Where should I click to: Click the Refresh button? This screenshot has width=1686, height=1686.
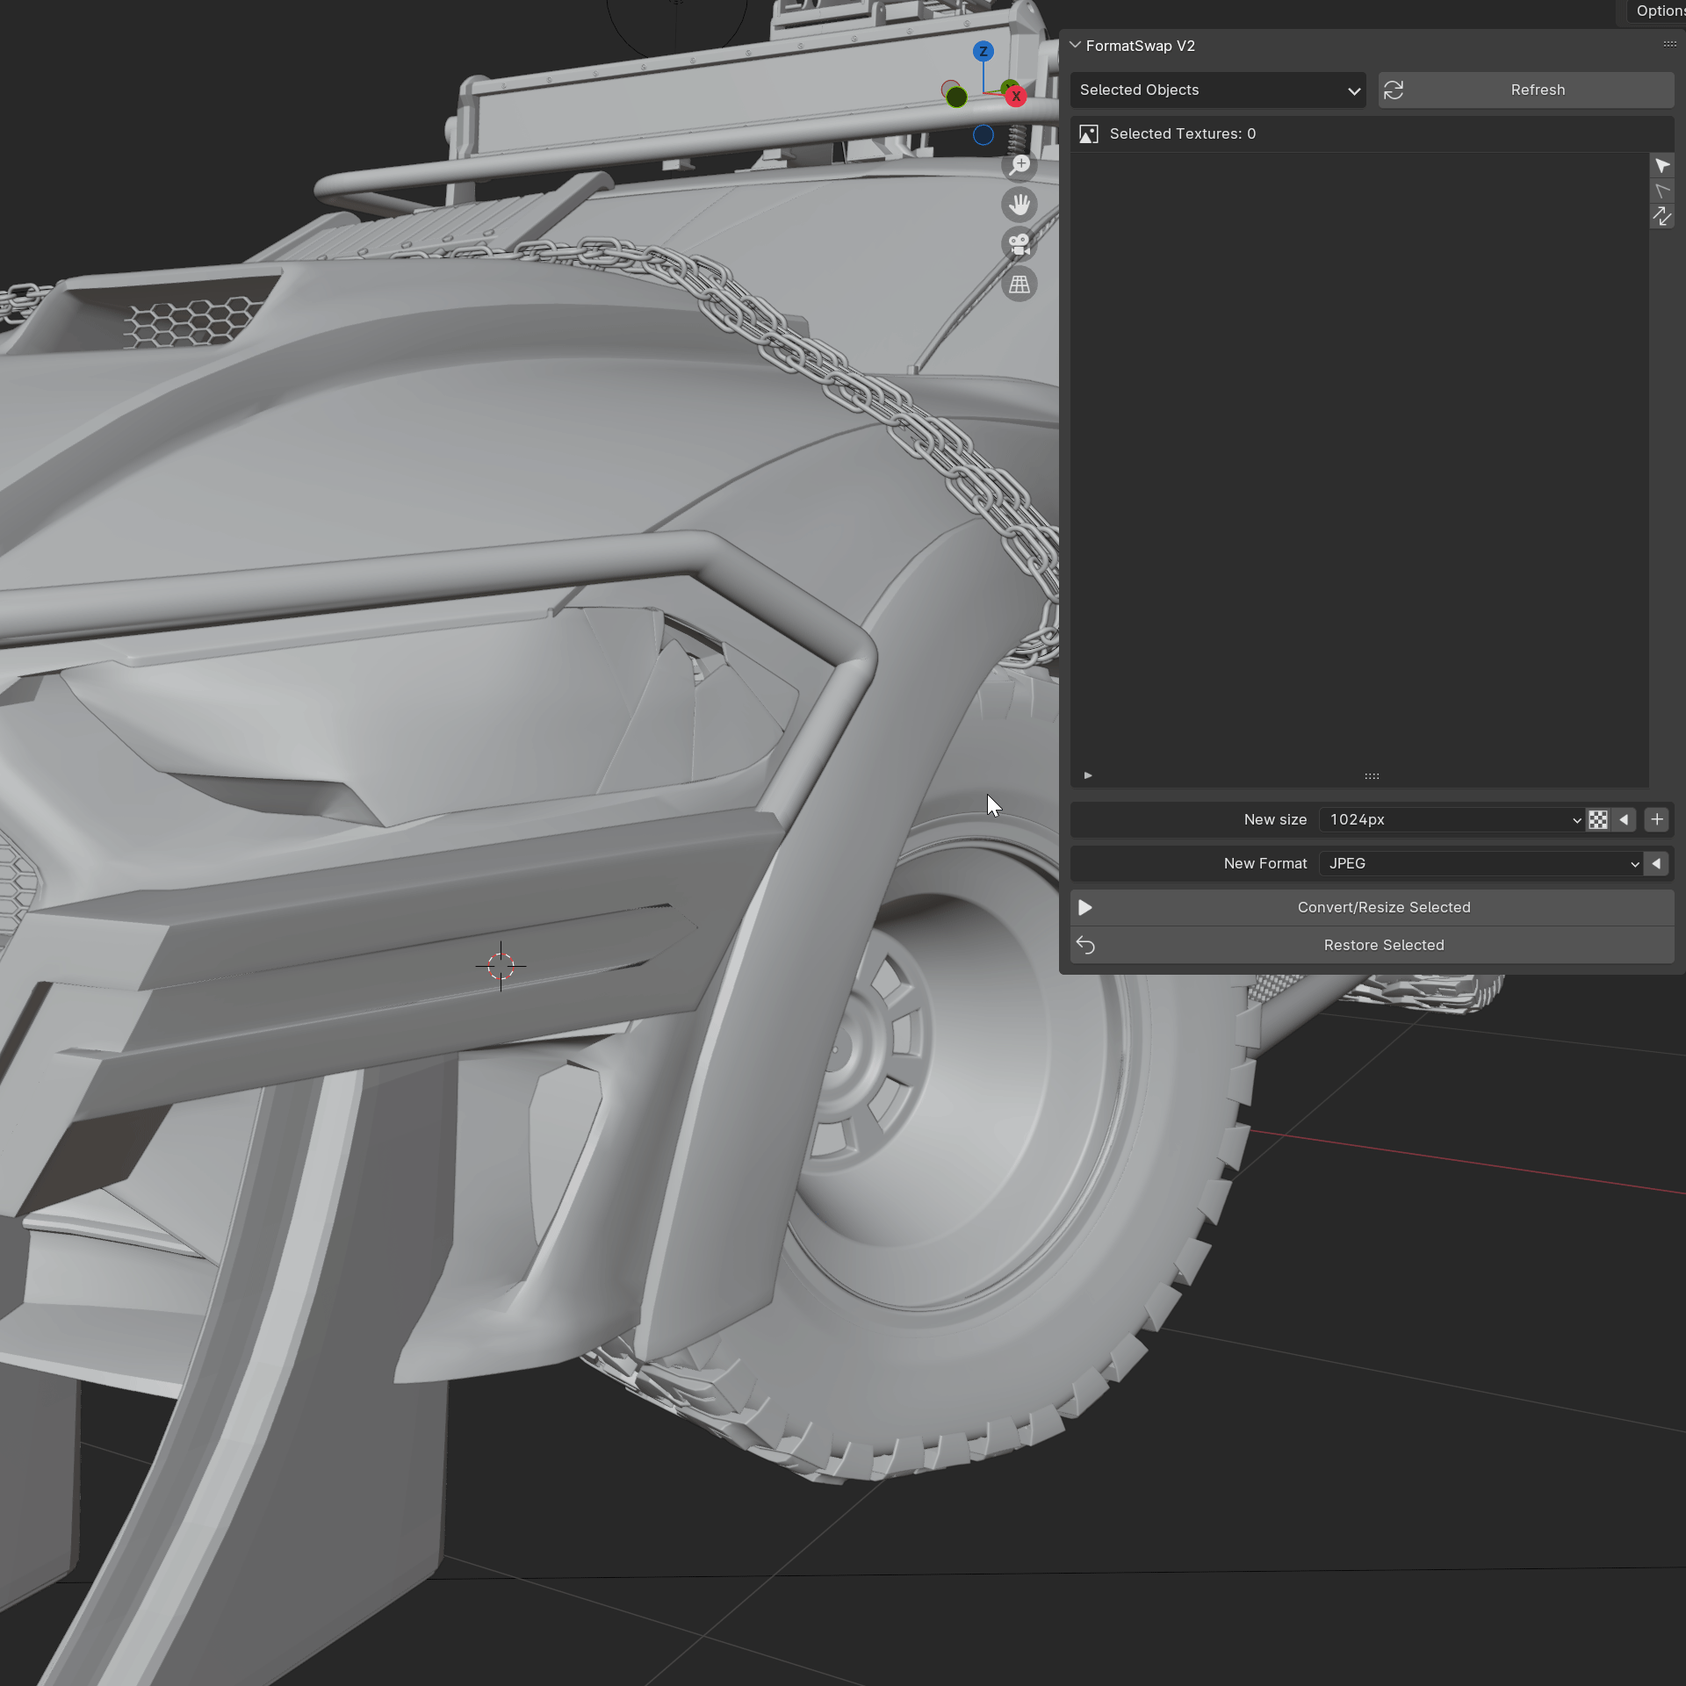(x=1525, y=90)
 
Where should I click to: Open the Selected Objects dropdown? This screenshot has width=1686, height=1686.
(x=1217, y=90)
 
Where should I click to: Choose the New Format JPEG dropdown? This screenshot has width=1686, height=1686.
(x=1482, y=863)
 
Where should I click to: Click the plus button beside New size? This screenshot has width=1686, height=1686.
(x=1656, y=819)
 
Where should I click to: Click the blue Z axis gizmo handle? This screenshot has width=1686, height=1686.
(x=983, y=52)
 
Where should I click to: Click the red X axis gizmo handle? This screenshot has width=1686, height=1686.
(x=1016, y=97)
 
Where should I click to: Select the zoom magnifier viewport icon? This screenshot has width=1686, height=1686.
(x=1020, y=165)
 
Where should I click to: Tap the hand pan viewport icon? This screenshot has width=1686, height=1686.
(x=1020, y=205)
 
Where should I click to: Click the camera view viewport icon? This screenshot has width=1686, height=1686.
(x=1020, y=244)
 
